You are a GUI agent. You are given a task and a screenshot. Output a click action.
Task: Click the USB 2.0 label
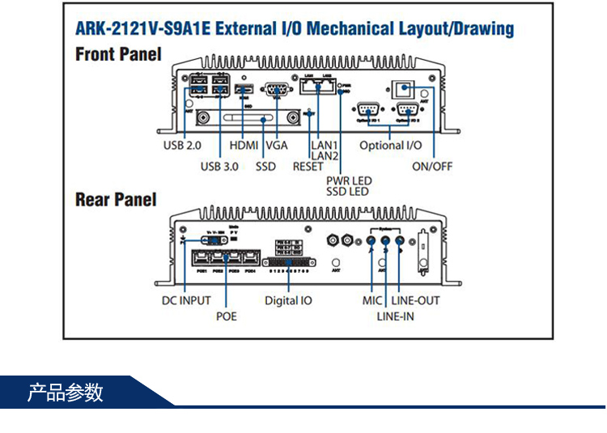[x=181, y=146]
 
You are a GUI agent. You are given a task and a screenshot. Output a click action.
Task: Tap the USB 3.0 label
[x=219, y=167]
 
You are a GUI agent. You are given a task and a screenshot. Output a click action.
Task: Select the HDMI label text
[x=244, y=146]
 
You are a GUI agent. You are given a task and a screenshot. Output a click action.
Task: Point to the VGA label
[x=277, y=146]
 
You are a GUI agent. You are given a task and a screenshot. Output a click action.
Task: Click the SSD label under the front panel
[x=265, y=167]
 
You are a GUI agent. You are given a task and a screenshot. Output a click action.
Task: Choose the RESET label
[x=308, y=167]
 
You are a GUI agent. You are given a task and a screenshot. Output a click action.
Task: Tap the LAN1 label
[x=325, y=146]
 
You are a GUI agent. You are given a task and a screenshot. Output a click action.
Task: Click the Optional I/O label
[x=392, y=146]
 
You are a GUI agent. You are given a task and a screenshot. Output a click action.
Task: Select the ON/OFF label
[x=432, y=167]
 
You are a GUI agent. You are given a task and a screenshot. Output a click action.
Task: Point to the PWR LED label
[x=349, y=180]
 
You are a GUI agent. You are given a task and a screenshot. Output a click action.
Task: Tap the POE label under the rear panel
[x=227, y=316]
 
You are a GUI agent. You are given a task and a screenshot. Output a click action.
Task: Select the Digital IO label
[x=288, y=300]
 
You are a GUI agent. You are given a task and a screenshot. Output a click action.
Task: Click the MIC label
[x=372, y=300]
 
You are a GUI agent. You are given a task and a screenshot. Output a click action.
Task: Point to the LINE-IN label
[x=395, y=316]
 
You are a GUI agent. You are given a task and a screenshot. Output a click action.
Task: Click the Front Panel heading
[x=118, y=55]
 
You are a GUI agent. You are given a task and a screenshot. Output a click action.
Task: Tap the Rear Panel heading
[x=116, y=199]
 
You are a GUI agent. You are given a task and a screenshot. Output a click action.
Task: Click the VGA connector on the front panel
[x=278, y=89]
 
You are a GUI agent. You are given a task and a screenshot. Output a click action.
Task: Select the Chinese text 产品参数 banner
[x=66, y=393]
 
